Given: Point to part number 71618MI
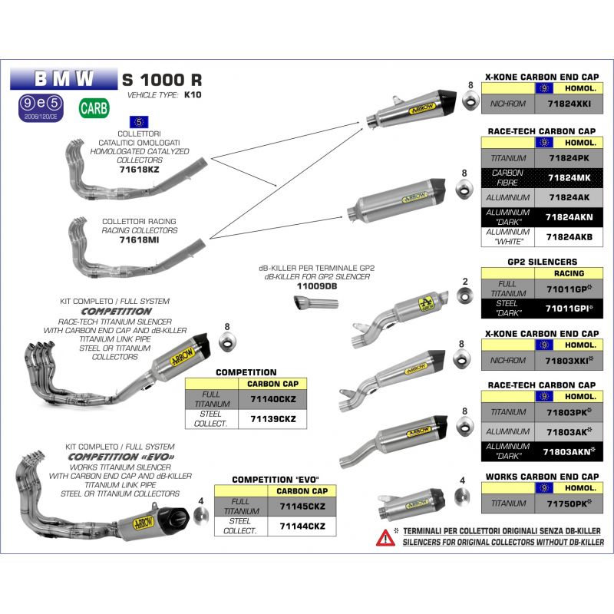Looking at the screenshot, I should (139, 239).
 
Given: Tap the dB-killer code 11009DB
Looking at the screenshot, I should (316, 286).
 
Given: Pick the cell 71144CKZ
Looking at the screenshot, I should (302, 526).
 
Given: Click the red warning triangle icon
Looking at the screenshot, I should (385, 537).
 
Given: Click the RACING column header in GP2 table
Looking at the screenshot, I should (568, 272).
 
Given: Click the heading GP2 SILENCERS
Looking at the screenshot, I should (542, 262).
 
